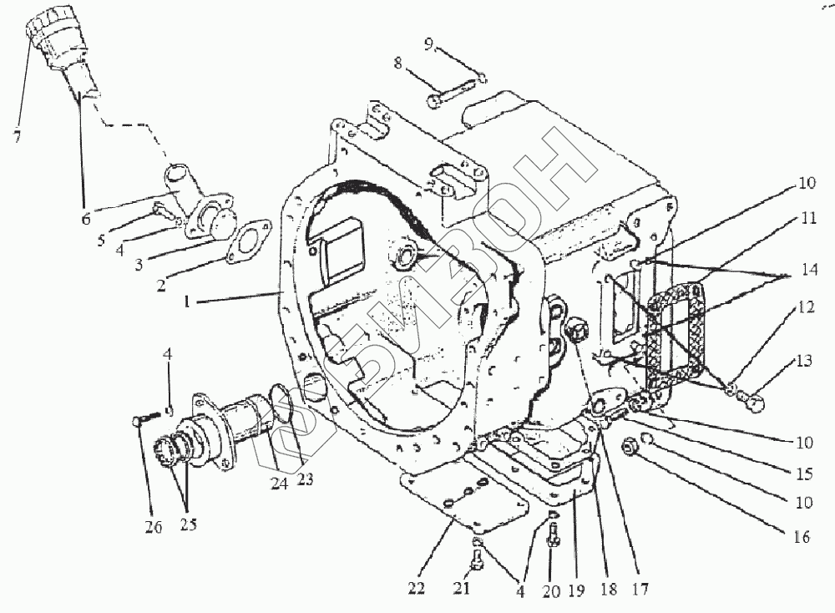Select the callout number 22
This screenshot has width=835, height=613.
pyautogui.click(x=417, y=589)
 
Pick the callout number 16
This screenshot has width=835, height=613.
pyautogui.click(x=802, y=538)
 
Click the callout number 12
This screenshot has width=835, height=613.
pyautogui.click(x=805, y=306)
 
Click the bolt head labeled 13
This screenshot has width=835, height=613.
pyautogui.click(x=754, y=404)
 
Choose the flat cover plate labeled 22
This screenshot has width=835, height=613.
pyautogui.click(x=463, y=502)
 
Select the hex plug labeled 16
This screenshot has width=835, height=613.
pyautogui.click(x=632, y=449)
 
